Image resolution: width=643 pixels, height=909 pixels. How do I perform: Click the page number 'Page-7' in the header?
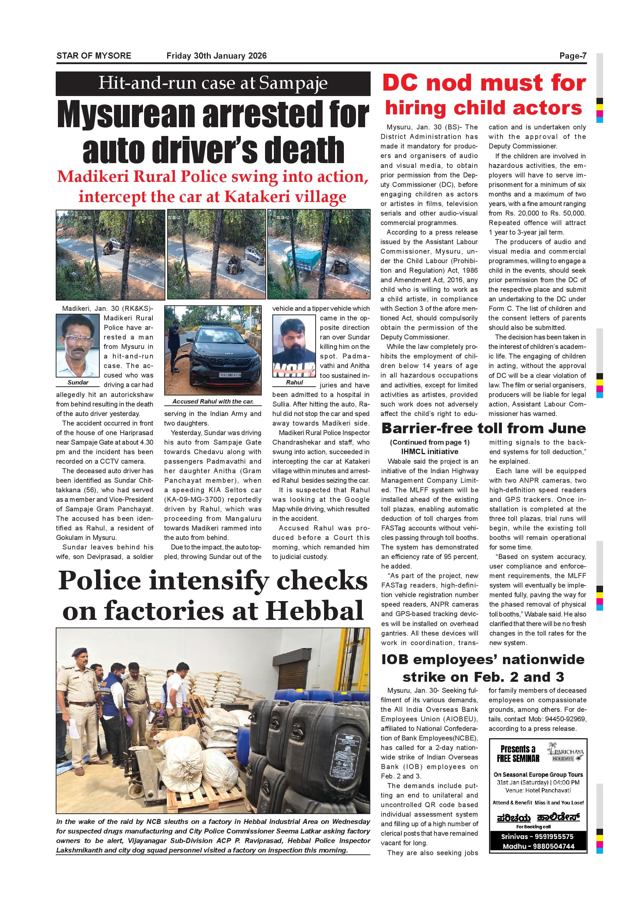573,56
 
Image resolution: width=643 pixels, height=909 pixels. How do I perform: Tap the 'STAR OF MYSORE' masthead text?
94,56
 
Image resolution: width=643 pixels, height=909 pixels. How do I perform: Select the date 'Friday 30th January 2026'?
217,56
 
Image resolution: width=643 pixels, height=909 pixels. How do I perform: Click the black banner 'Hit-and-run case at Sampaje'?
213,84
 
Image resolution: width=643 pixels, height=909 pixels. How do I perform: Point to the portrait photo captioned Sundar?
78,345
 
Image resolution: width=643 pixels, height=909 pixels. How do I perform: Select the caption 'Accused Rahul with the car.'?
213,401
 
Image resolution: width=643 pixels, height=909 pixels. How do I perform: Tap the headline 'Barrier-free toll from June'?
484,428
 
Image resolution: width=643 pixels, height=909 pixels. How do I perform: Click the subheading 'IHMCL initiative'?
430,451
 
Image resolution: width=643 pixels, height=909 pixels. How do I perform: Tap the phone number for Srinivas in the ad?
538,836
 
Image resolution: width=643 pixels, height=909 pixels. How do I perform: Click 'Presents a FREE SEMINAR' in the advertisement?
518,754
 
